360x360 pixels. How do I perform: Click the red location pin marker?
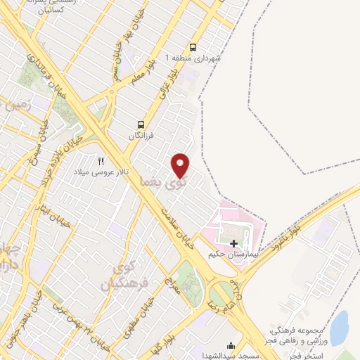pyautogui.click(x=181, y=165)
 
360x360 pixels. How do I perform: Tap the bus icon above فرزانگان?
pyautogui.click(x=141, y=124)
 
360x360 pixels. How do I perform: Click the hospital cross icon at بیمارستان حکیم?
pyautogui.click(x=233, y=243)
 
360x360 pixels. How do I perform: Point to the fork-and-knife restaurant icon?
pyautogui.click(x=101, y=160)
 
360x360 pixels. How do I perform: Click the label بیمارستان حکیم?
pyautogui.click(x=231, y=254)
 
